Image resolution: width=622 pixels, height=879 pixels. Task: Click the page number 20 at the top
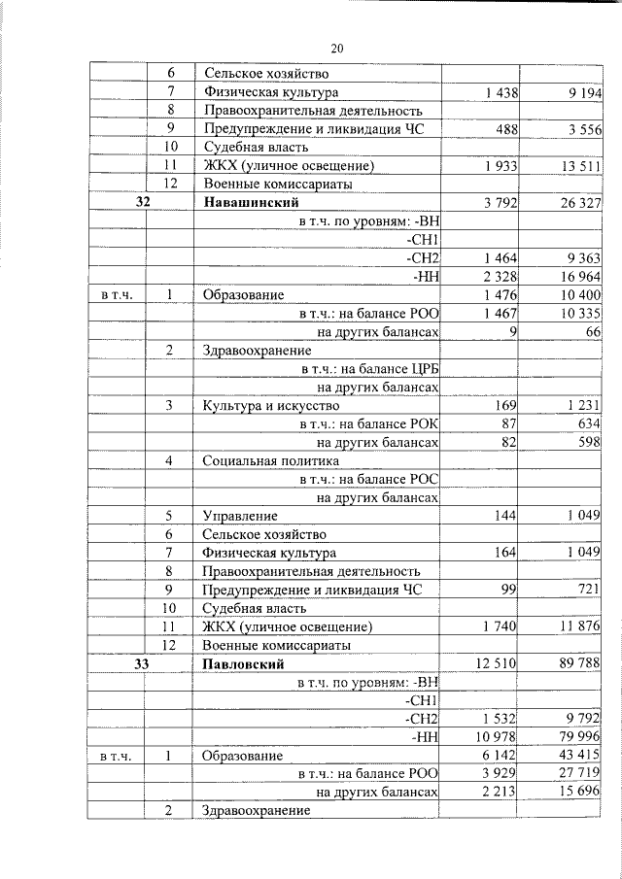pos(337,48)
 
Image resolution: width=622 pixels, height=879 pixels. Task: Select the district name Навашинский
pos(251,202)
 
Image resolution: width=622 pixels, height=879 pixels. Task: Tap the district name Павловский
pos(244,664)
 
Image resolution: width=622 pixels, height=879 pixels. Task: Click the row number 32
pos(142,202)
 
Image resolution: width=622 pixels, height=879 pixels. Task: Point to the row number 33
pos(142,664)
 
